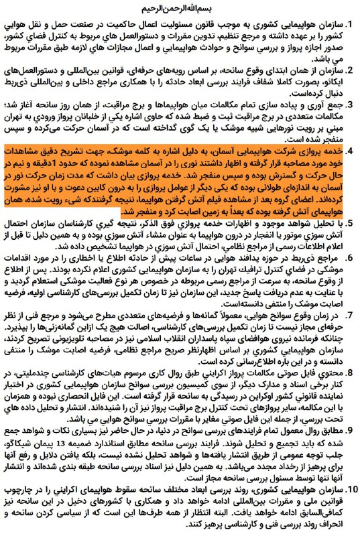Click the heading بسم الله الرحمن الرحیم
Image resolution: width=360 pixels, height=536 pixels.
click(180, 10)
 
